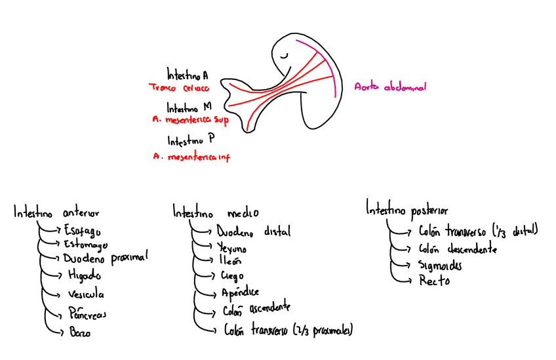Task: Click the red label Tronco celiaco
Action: [x=179, y=87]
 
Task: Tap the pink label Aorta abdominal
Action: [x=390, y=87]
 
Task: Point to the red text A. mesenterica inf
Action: [x=191, y=157]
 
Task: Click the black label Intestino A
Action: [x=188, y=74]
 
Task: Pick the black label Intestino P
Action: [x=191, y=140]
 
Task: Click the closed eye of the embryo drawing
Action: [x=283, y=57]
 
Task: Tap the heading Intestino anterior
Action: [x=57, y=212]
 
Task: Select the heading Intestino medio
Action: [x=216, y=213]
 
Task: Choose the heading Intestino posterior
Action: [x=407, y=210]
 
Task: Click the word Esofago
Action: [x=83, y=230]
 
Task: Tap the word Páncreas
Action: [x=87, y=313]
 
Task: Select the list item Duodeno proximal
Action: [x=106, y=257]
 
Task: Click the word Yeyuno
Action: [x=231, y=248]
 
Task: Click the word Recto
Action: [x=435, y=281]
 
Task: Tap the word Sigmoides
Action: [x=440, y=266]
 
